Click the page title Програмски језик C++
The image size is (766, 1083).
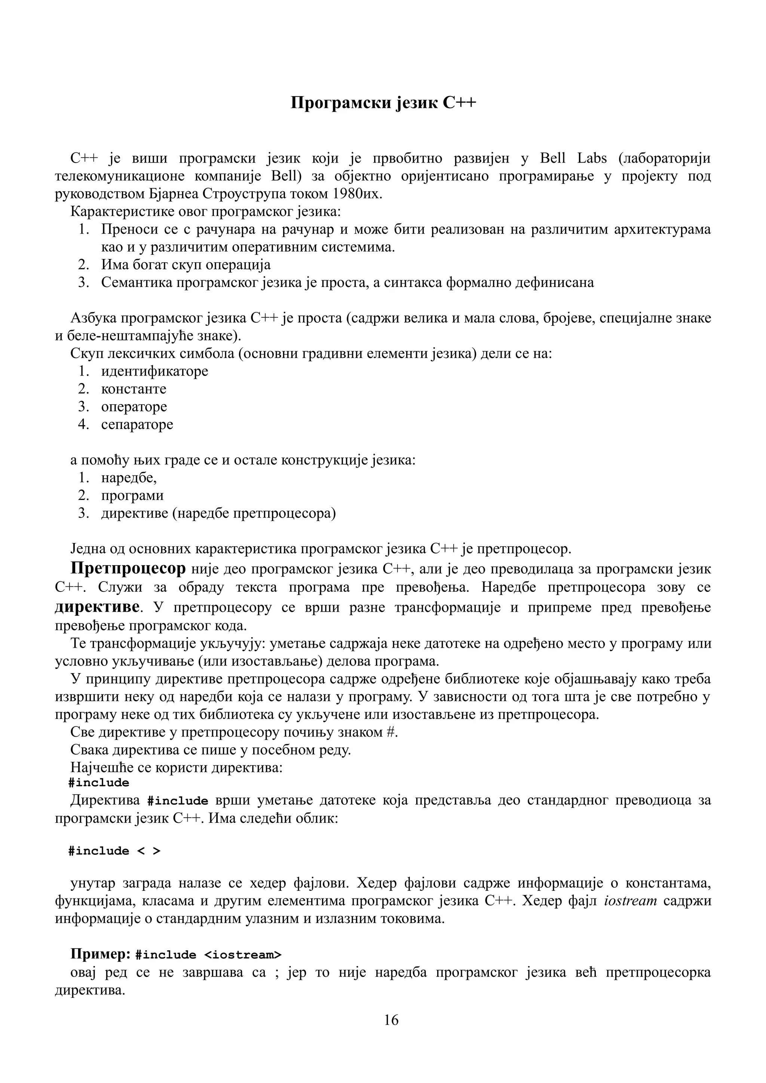[x=383, y=103]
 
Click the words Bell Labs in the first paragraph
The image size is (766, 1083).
[x=573, y=158]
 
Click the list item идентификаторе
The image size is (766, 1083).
[x=154, y=371]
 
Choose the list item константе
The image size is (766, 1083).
[x=134, y=389]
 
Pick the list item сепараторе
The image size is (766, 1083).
[x=137, y=424]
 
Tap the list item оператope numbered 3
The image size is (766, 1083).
[x=134, y=407]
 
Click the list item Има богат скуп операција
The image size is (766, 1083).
[x=186, y=265]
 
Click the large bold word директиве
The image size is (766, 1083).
[x=97, y=606]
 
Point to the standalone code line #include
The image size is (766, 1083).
[x=99, y=783]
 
